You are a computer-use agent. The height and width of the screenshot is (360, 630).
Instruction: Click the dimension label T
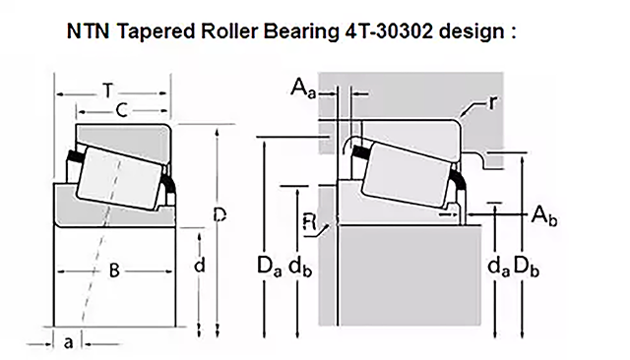coord(107,90)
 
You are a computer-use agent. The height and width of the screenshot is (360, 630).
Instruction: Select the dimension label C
coord(122,110)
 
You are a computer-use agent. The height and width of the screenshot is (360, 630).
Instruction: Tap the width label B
coord(114,270)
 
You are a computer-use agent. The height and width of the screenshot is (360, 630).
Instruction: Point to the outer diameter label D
coord(220,215)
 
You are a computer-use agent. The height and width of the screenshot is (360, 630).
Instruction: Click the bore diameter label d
coord(199,265)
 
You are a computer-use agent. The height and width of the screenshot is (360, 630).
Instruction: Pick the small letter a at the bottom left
coord(69,343)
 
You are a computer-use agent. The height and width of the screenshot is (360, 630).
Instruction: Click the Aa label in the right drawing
coord(303,88)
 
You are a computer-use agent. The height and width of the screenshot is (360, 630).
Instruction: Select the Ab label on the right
coord(544,216)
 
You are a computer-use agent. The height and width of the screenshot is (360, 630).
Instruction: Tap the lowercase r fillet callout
coord(492,102)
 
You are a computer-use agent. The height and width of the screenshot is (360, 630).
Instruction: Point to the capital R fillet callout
coord(309,222)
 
